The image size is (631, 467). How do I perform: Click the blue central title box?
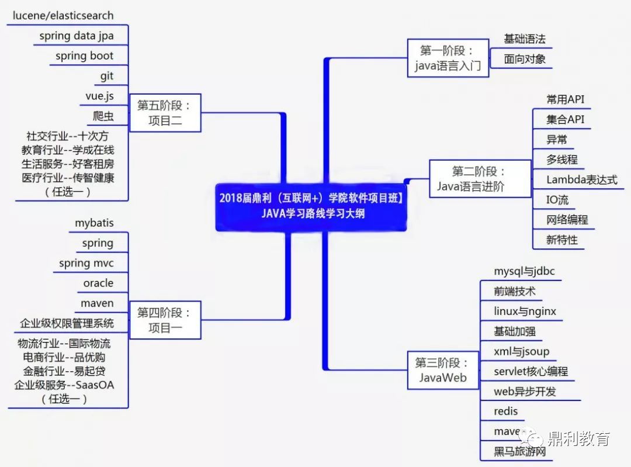(311, 206)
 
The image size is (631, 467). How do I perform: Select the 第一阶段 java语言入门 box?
(447, 58)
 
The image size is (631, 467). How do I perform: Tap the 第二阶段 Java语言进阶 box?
(479, 179)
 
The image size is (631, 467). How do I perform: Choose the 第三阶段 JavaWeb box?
(442, 370)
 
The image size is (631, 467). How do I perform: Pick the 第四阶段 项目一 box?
(165, 320)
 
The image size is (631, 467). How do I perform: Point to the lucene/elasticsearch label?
(63, 16)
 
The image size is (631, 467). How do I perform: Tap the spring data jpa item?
(77, 36)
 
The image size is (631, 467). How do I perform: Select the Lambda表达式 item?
(581, 179)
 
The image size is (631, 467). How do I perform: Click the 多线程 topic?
(562, 160)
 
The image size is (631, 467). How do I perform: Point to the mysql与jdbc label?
(524, 271)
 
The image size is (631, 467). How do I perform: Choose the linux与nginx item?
(525, 312)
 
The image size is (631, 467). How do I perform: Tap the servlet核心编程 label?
(531, 371)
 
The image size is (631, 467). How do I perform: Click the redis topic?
(505, 411)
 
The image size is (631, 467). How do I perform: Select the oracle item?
(98, 283)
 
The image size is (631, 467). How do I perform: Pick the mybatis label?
(94, 223)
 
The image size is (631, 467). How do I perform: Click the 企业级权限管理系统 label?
(67, 323)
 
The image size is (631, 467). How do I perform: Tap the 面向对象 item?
(525, 59)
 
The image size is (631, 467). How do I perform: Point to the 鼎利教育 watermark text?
(578, 438)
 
